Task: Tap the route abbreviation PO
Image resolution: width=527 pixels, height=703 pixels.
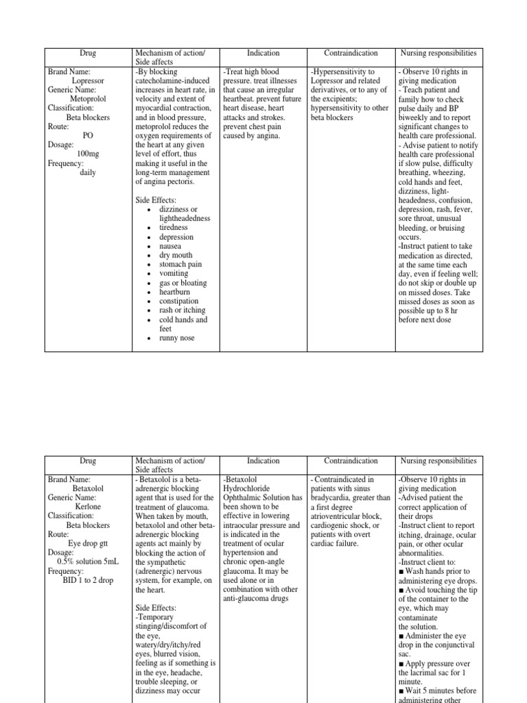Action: (88, 136)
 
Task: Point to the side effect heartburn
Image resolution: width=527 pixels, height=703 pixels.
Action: (175, 292)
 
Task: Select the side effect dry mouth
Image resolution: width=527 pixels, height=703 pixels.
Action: (176, 255)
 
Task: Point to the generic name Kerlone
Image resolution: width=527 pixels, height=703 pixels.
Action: (88, 507)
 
